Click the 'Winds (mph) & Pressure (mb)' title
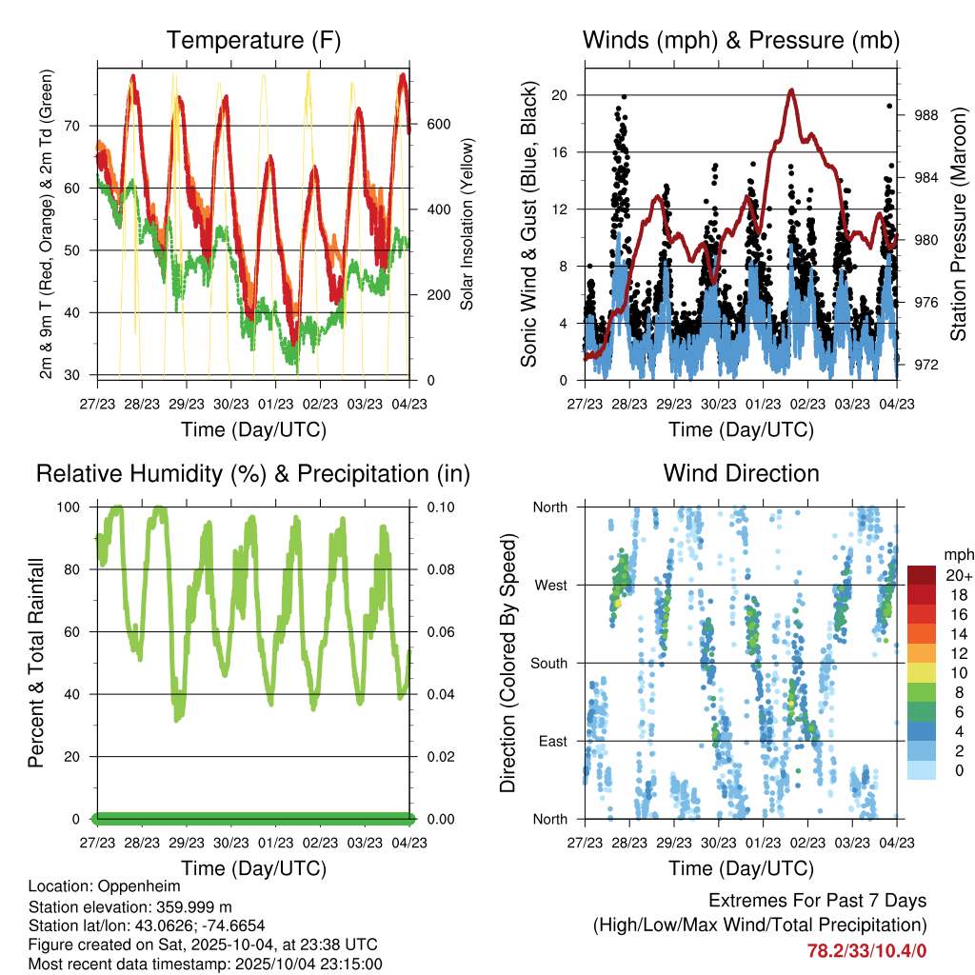[741, 41]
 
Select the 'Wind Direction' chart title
[741, 473]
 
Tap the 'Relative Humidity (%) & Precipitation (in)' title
[252, 473]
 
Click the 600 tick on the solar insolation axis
[437, 125]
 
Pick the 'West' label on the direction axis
[549, 586]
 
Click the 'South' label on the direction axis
[547, 664]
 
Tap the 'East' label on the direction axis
[551, 742]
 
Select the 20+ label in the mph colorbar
[957, 575]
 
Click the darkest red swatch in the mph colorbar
[922, 575]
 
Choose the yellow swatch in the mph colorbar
[922, 672]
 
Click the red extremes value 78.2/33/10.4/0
[866, 950]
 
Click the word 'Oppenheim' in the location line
[140, 886]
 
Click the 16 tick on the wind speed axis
[559, 152]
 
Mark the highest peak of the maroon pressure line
[792, 90]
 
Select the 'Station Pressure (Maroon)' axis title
[959, 223]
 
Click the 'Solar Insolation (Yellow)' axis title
[468, 224]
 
